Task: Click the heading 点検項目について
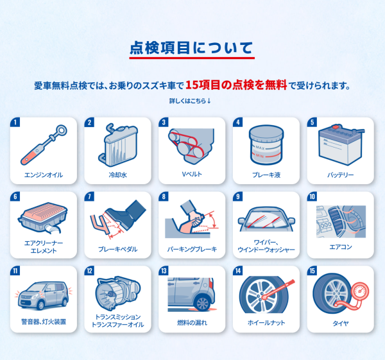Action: pos(191,47)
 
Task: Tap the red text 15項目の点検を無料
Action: pos(236,85)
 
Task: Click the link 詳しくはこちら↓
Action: pos(190,101)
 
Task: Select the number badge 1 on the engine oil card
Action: pos(15,122)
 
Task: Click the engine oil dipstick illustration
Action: pos(44,145)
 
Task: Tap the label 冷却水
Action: pos(118,175)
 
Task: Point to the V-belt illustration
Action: pos(191,146)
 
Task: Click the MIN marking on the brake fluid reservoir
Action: pos(260,156)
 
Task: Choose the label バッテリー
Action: pos(340,175)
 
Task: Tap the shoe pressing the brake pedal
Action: pos(126,214)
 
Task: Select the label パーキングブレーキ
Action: pos(192,249)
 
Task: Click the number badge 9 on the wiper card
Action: pos(237,196)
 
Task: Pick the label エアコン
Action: pos(341,247)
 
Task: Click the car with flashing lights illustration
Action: pos(44,295)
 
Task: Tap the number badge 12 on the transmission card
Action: pos(89,271)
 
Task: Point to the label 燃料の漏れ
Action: pos(193,322)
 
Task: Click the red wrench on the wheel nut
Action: pos(278,289)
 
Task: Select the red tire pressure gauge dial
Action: pos(359,291)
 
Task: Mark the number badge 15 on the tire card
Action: pos(312,271)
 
